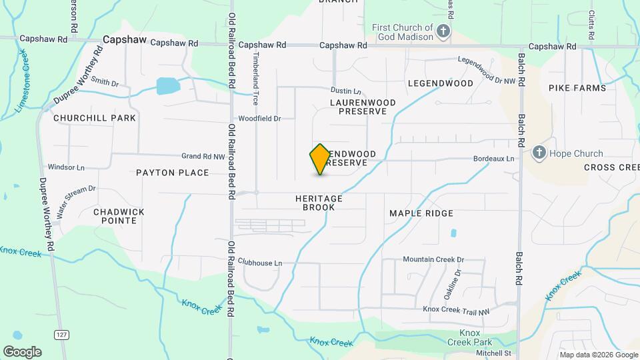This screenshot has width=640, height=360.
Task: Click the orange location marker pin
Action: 320,159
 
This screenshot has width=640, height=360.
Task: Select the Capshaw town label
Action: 125,40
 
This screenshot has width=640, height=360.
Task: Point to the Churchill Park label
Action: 95,118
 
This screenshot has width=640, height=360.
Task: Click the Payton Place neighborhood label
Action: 173,173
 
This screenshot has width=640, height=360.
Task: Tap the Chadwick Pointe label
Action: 119,216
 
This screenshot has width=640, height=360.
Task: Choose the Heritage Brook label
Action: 319,203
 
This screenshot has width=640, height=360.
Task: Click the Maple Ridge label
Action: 421,213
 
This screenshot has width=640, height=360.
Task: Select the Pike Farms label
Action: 577,88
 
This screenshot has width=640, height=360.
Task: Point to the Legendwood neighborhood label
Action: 440,83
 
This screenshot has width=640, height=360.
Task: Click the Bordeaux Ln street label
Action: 493,159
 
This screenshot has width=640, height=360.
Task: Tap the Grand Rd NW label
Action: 203,157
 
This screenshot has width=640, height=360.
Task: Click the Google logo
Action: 22,351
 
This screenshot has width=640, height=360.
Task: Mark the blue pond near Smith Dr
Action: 168,86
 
